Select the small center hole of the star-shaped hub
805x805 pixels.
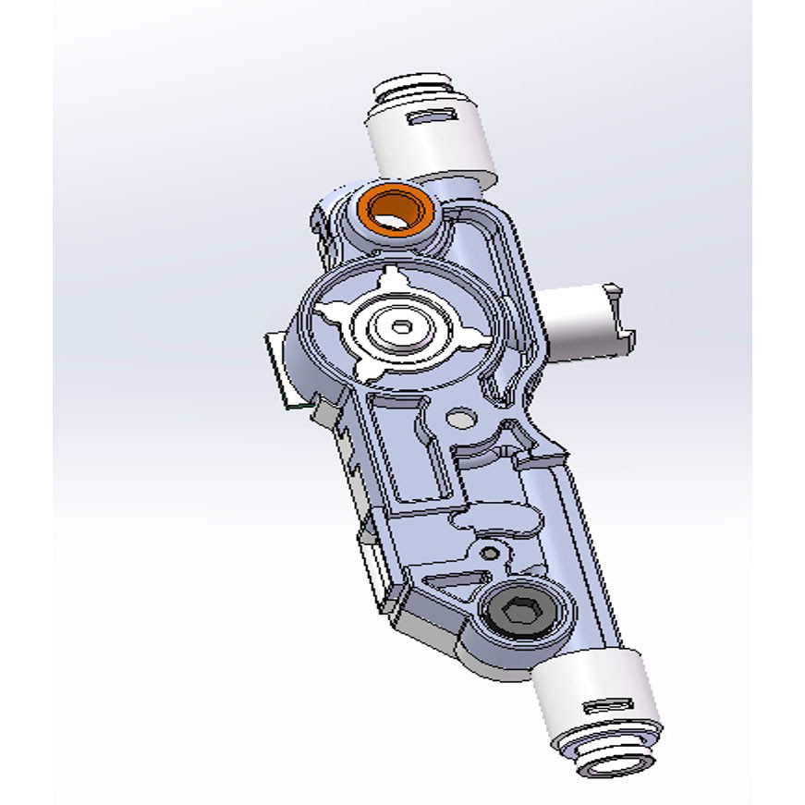(400, 326)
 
